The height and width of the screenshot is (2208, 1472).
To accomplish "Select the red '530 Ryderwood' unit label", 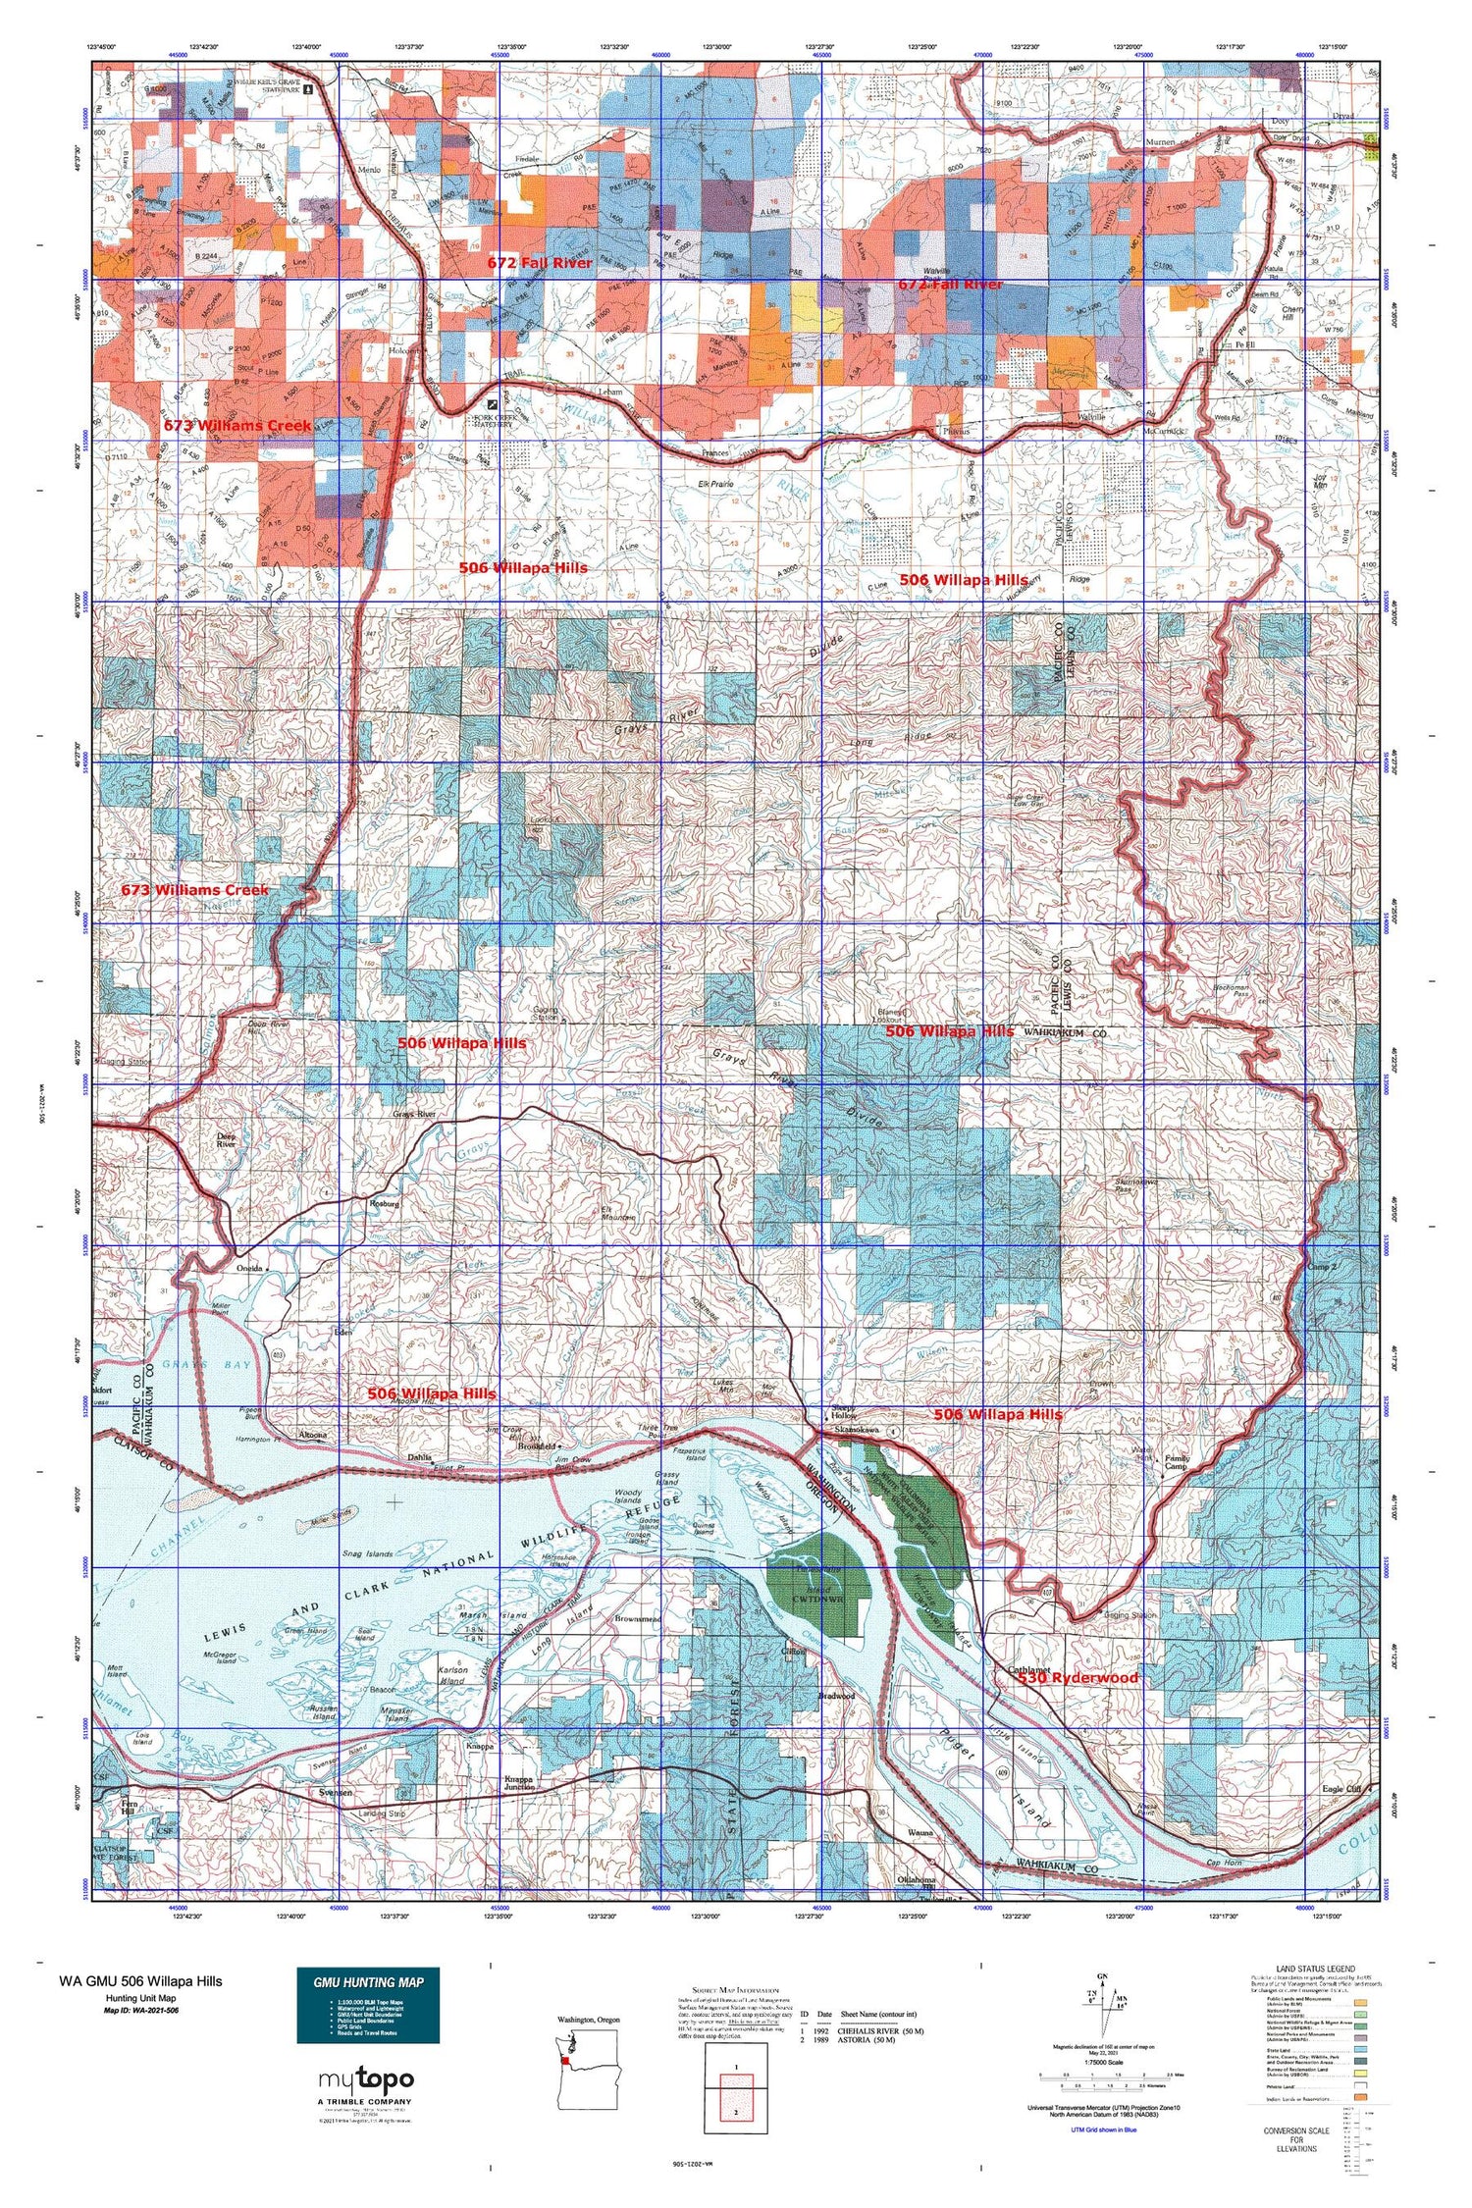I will click(x=1078, y=1678).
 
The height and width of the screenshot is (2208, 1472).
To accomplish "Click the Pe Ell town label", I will click(x=1244, y=346).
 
